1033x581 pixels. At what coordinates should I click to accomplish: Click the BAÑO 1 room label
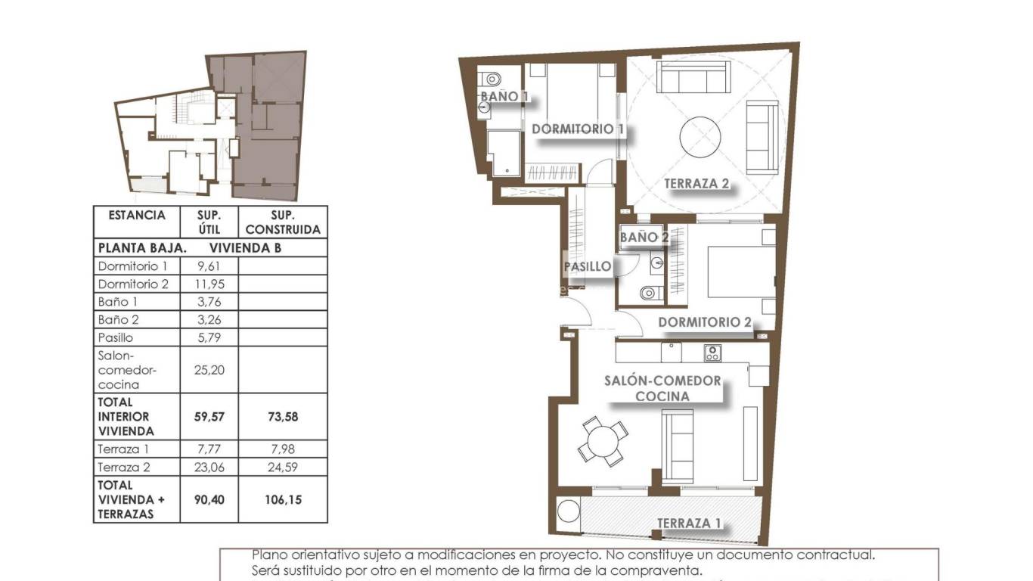click(504, 97)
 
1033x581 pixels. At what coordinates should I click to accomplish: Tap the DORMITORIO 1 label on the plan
click(578, 129)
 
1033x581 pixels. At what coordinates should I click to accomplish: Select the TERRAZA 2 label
click(696, 184)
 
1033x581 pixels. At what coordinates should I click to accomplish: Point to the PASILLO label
click(588, 266)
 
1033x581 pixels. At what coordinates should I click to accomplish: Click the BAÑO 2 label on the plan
click(644, 238)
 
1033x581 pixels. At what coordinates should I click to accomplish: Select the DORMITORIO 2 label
click(705, 323)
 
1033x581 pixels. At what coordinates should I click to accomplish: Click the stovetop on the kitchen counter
click(712, 353)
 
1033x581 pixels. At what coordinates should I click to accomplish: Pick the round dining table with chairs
click(603, 441)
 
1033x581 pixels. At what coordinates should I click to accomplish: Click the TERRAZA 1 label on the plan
click(689, 524)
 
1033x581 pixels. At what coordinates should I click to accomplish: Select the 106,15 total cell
click(283, 499)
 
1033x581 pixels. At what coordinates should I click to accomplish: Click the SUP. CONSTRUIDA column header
click(283, 222)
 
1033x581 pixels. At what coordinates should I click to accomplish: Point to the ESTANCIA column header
click(136, 216)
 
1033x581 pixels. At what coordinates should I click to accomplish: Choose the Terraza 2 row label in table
click(124, 468)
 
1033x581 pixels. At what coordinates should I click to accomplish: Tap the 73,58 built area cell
click(283, 417)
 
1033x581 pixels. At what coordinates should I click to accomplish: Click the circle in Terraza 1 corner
click(568, 512)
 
